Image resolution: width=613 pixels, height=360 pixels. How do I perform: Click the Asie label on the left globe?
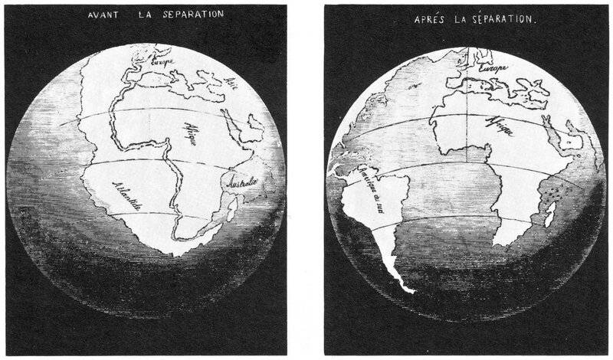coord(233,82)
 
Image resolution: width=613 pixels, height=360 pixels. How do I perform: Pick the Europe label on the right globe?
coord(493,67)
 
